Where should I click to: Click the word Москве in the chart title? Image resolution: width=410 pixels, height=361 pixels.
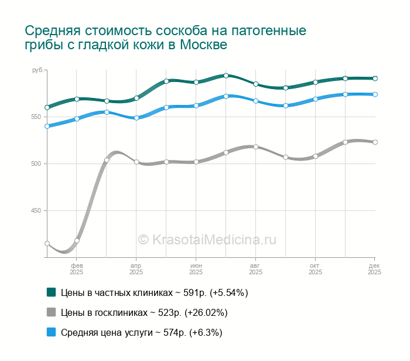click(x=203, y=45)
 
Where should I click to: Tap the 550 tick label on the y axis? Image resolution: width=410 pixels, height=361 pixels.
click(x=36, y=117)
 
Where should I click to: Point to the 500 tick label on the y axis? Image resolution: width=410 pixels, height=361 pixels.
click(x=36, y=164)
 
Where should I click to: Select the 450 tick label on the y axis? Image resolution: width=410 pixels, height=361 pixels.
click(x=36, y=210)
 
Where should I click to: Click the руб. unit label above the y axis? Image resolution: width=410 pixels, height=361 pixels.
click(x=37, y=70)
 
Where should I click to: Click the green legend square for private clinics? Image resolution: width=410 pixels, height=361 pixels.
click(x=51, y=292)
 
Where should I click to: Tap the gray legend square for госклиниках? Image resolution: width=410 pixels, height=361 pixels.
click(x=51, y=312)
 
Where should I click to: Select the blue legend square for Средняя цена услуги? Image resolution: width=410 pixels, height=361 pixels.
click(x=51, y=332)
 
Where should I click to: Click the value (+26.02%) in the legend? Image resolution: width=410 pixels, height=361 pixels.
click(x=206, y=312)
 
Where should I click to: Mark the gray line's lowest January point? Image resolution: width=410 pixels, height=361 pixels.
click(x=47, y=244)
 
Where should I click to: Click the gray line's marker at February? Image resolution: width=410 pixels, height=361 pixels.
click(x=77, y=241)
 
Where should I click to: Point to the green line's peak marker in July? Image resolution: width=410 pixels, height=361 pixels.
click(x=226, y=76)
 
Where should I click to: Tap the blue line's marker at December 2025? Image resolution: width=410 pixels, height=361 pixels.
click(x=375, y=94)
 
